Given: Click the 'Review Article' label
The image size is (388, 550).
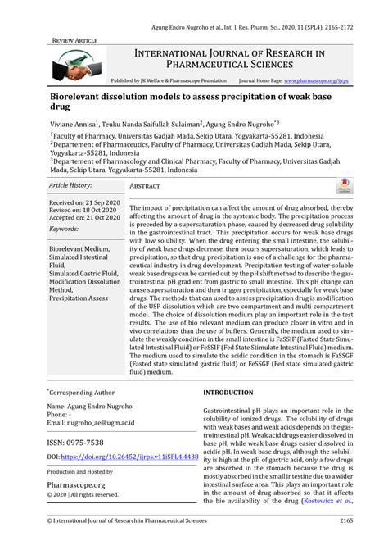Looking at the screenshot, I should click(x=75, y=39).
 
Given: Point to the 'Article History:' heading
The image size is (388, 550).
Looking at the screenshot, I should click(x=71, y=186).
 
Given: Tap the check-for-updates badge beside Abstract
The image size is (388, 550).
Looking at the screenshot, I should click(x=345, y=185).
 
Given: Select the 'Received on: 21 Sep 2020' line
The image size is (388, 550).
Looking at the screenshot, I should click(x=84, y=202).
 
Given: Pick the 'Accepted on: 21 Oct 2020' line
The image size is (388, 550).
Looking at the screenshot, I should click(x=85, y=217).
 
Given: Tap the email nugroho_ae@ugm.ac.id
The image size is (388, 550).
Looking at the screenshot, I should click(x=92, y=421).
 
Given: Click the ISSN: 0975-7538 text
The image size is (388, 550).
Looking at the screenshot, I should click(x=75, y=441).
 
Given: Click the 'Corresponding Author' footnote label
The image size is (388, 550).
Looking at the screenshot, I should click(x=79, y=393).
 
